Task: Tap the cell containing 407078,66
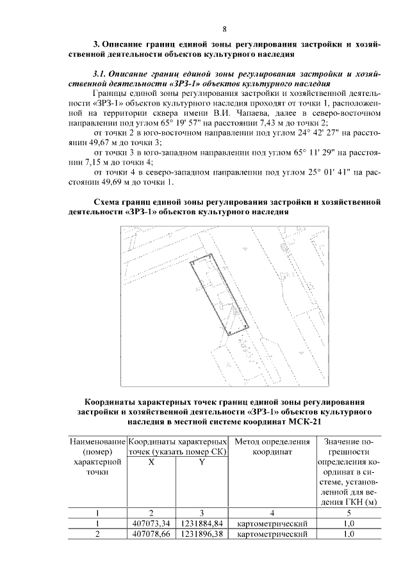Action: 151,533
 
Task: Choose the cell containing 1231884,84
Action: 201,522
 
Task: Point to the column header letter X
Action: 151,463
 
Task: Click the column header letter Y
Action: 201,463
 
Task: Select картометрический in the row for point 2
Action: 272,533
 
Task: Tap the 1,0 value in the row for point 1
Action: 348,522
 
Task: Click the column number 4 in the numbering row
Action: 272,512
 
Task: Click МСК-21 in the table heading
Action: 306,422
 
